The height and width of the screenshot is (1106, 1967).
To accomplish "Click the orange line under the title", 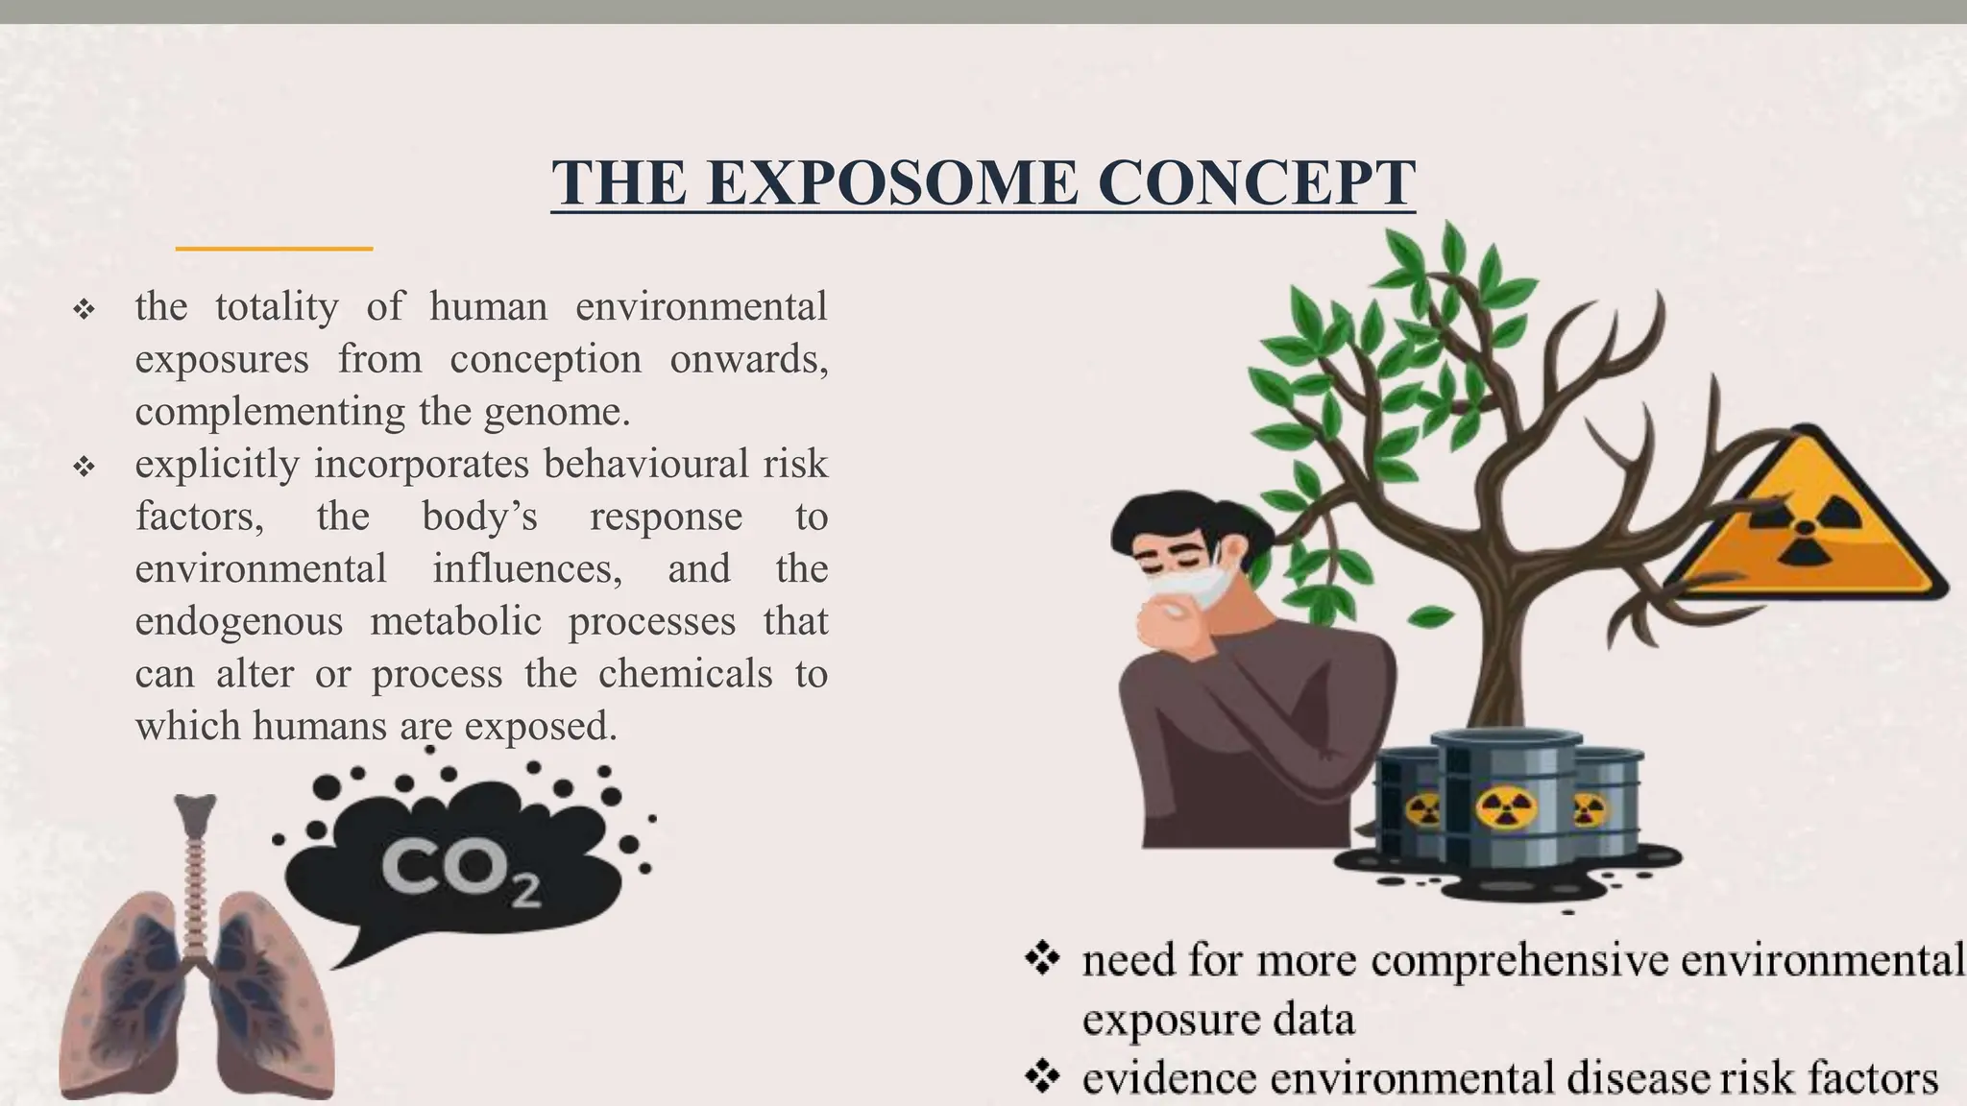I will coord(274,249).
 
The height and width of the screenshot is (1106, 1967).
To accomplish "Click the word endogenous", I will coord(238,621).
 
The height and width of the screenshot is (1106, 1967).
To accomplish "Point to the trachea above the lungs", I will coord(196,864).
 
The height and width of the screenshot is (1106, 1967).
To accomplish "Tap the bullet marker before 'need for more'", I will coord(1042,958).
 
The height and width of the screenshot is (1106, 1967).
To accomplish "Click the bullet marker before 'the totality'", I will coord(84,310).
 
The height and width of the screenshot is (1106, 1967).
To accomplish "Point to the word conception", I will coord(545,359).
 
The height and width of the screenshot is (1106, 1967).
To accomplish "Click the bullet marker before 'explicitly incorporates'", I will coord(84,468).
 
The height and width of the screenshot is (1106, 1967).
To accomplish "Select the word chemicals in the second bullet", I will coord(685,674).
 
